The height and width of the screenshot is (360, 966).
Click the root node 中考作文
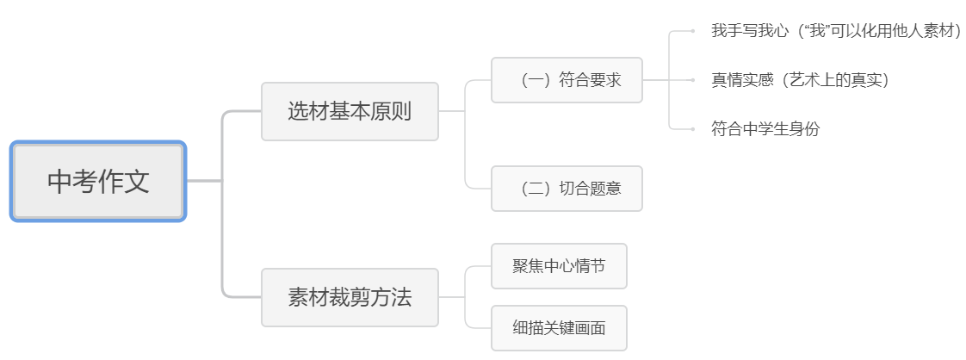point(98,182)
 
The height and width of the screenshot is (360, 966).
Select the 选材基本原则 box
point(350,111)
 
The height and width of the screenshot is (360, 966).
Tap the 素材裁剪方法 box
point(350,297)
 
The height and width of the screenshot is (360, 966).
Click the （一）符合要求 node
point(567,80)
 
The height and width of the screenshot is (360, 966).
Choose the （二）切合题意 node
point(567,188)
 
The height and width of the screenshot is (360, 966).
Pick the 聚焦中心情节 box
point(559,265)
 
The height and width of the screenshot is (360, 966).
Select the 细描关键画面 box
point(559,327)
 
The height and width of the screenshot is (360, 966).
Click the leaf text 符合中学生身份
point(765,129)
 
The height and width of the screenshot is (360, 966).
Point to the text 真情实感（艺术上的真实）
point(800,80)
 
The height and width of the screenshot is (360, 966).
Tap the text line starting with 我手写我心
point(836,32)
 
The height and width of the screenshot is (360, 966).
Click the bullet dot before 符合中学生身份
point(693,129)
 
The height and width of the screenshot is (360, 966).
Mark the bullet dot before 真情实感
point(693,80)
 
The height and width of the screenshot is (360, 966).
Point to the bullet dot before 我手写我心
point(693,32)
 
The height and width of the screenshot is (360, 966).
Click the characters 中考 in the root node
point(72,182)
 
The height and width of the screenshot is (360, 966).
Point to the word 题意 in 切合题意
point(605,188)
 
